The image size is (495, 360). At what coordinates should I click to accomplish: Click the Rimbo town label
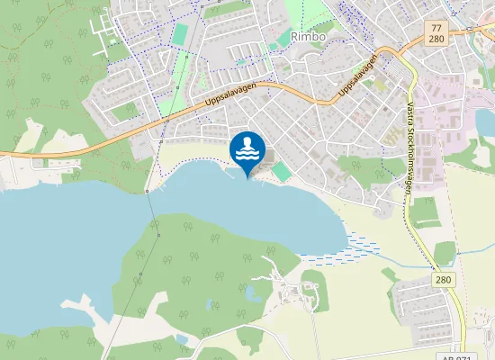[310, 37]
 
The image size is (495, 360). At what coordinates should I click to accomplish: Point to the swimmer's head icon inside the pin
[247, 142]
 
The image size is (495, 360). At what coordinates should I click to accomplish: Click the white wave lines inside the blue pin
[247, 154]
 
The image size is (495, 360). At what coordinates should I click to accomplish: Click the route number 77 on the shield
[436, 29]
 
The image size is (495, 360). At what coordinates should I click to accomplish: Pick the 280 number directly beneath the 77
[436, 40]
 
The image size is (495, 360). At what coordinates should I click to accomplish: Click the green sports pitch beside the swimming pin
[283, 170]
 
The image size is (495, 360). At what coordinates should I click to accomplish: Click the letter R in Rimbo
[296, 37]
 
